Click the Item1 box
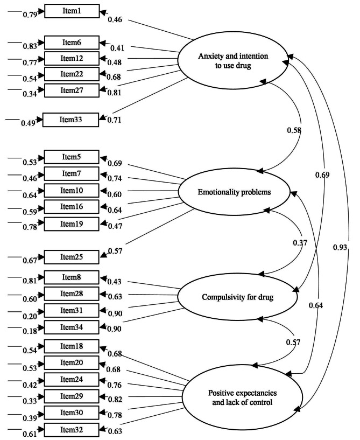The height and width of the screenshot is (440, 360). [x=72, y=11]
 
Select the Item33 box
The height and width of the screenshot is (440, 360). [x=72, y=120]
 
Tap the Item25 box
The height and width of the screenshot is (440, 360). [x=72, y=257]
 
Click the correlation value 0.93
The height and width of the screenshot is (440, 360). [x=340, y=247]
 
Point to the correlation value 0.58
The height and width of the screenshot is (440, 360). [x=294, y=130]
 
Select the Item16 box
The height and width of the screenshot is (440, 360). [x=72, y=206]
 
